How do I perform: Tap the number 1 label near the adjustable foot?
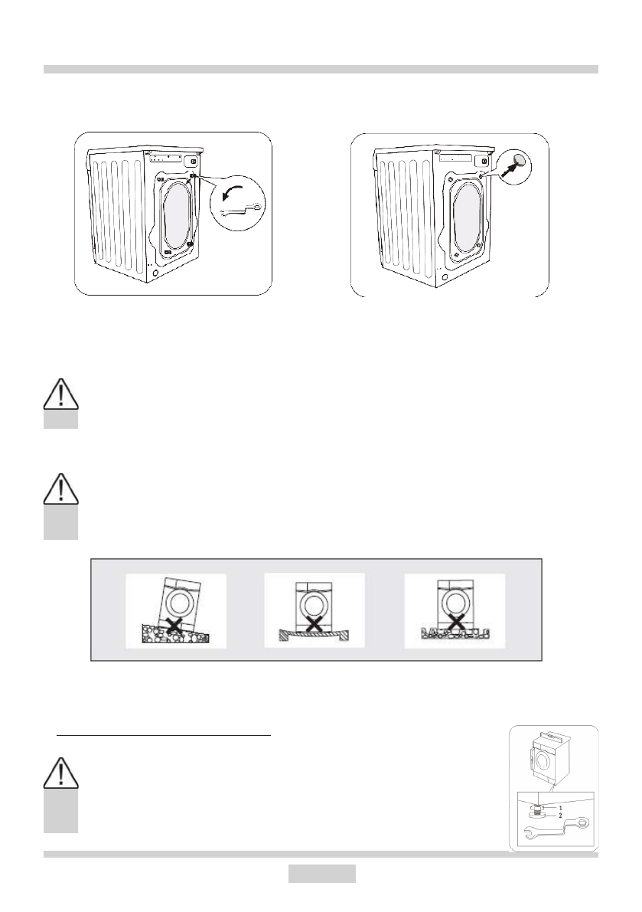click(x=560, y=808)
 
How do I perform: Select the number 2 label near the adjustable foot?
click(x=560, y=817)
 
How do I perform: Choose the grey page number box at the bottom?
click(x=321, y=874)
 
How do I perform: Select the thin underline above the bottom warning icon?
click(x=165, y=735)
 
